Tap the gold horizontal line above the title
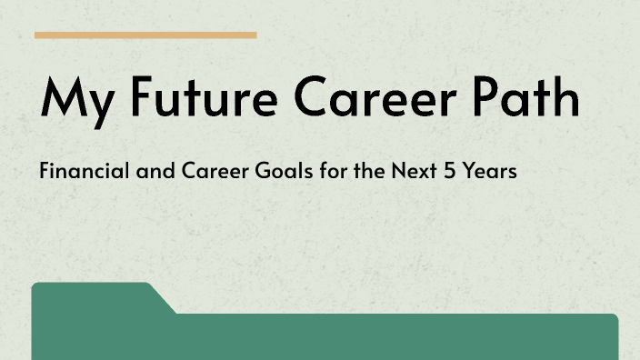click(145, 35)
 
